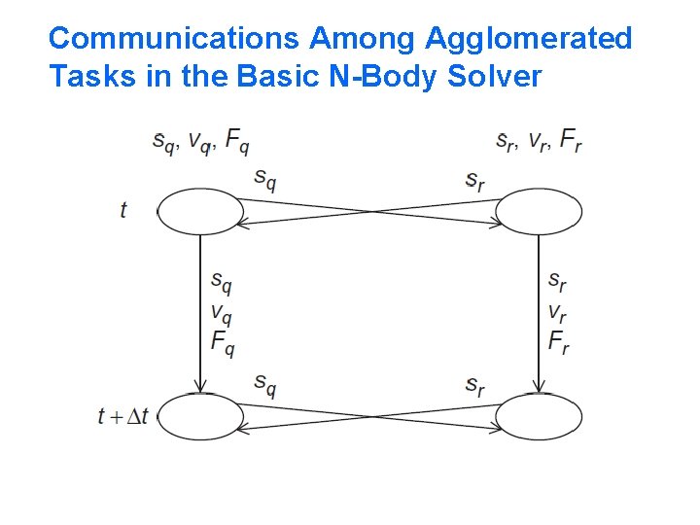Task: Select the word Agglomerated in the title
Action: click(x=528, y=39)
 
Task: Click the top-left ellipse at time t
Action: click(x=200, y=212)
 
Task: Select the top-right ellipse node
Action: click(x=539, y=212)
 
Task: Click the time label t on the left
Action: click(x=123, y=210)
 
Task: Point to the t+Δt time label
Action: click(x=123, y=416)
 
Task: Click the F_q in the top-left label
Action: click(x=236, y=142)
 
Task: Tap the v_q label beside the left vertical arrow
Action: click(x=222, y=314)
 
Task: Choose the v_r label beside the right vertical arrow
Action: click(x=557, y=314)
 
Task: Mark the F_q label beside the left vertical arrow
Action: click(x=222, y=343)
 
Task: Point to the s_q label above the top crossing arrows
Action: click(x=264, y=179)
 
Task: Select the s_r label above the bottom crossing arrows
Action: click(x=474, y=386)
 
